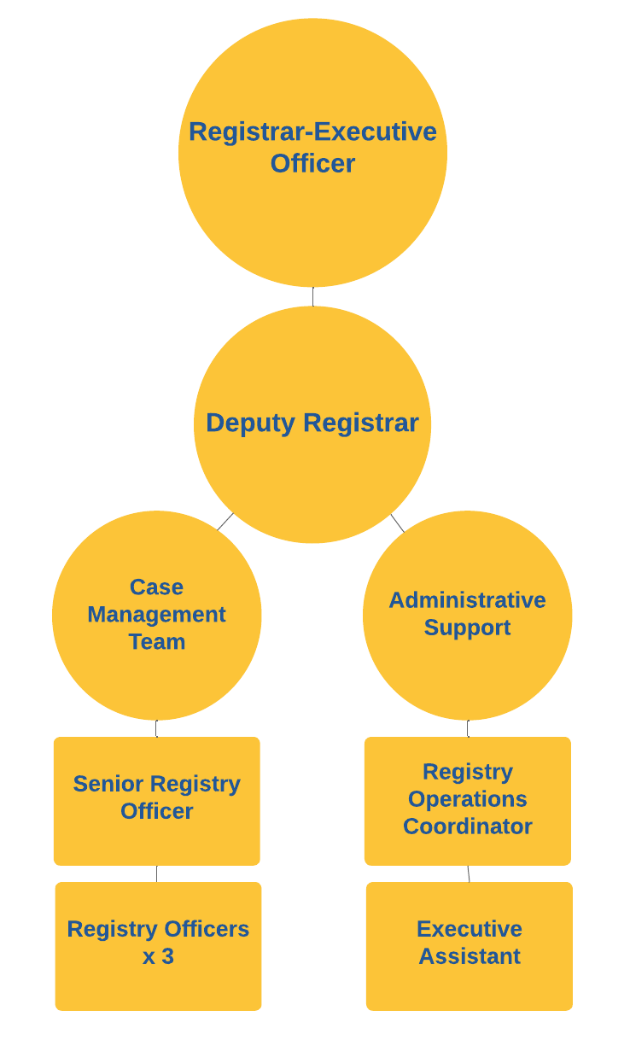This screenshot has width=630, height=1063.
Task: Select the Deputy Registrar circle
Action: coord(312,424)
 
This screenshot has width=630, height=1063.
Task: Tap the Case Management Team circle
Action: coord(157,615)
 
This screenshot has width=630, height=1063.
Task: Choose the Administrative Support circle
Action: coord(467,615)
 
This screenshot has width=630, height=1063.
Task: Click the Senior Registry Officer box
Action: coord(157,801)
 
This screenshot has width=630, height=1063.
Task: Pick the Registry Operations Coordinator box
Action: coord(467,801)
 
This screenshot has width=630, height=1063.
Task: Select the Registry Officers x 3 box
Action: coord(158,946)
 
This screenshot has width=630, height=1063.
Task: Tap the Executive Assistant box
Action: coord(469,946)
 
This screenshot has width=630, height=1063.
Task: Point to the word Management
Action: coord(157,615)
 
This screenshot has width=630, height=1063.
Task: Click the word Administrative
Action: coord(467,600)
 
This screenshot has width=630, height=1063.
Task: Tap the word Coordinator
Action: coord(467,826)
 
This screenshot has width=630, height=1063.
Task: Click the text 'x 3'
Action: coord(158,957)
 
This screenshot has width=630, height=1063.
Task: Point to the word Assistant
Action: coord(469,956)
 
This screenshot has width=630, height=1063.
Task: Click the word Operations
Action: coord(467,799)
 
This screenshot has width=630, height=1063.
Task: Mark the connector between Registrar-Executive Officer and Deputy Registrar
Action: coord(312,296)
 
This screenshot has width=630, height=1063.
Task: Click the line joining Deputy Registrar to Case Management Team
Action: coord(225,522)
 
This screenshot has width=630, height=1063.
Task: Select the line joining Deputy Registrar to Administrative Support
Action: coord(397,523)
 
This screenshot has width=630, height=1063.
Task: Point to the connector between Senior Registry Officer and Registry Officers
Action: coord(156,873)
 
